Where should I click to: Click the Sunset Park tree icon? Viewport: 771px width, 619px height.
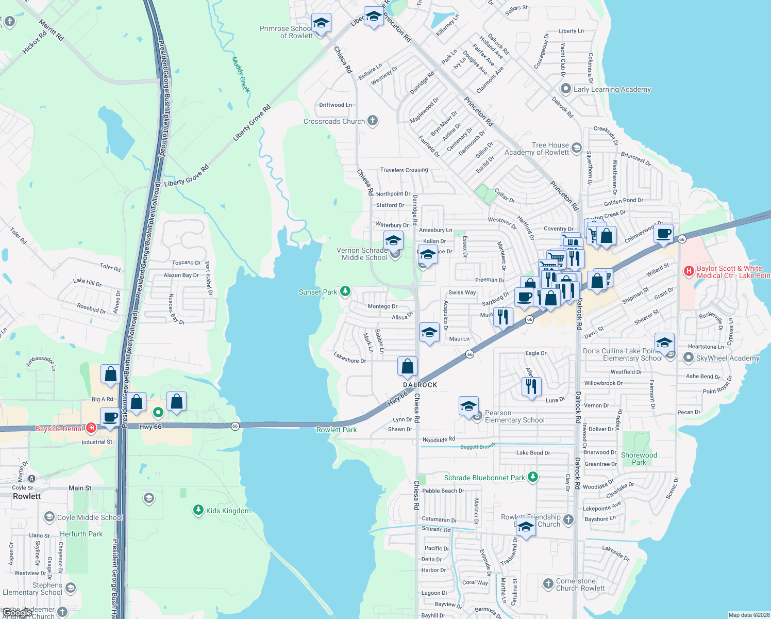pos(345,291)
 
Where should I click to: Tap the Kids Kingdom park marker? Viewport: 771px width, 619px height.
pos(198,511)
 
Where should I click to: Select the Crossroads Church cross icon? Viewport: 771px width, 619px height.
pos(373,121)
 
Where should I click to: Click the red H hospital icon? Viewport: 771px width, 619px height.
pos(689,271)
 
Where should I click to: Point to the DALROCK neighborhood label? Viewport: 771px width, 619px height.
pos(420,385)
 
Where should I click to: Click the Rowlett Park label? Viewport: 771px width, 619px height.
pos(337,430)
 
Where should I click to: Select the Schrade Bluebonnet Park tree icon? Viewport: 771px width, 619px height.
pos(533,477)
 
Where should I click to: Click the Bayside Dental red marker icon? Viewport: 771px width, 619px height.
pos(91,428)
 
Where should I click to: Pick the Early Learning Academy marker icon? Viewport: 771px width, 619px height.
pos(566,89)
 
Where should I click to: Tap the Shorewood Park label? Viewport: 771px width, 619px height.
pos(639,459)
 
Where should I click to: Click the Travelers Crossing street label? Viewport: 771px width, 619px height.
pos(404,170)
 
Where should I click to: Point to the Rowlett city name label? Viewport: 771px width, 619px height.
pos(27,496)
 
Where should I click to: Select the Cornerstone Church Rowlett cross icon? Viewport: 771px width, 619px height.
pos(548,584)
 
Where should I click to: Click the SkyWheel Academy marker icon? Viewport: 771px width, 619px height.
pos(688,357)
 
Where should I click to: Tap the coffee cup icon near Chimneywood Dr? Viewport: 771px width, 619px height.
pos(664,233)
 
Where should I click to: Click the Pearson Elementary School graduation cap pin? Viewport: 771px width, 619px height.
pos(468,405)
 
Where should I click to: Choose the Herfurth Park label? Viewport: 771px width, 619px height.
pos(81,534)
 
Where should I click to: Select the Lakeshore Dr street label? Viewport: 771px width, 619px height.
pos(349,357)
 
